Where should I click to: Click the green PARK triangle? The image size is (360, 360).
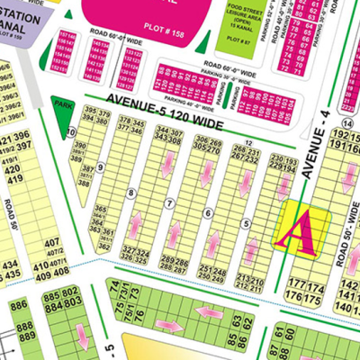[62, 107]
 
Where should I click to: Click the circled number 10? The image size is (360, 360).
[71, 132]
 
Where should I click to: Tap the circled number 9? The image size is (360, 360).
[101, 166]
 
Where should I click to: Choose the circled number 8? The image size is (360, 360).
[132, 193]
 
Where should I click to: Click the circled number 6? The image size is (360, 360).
[208, 212]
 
